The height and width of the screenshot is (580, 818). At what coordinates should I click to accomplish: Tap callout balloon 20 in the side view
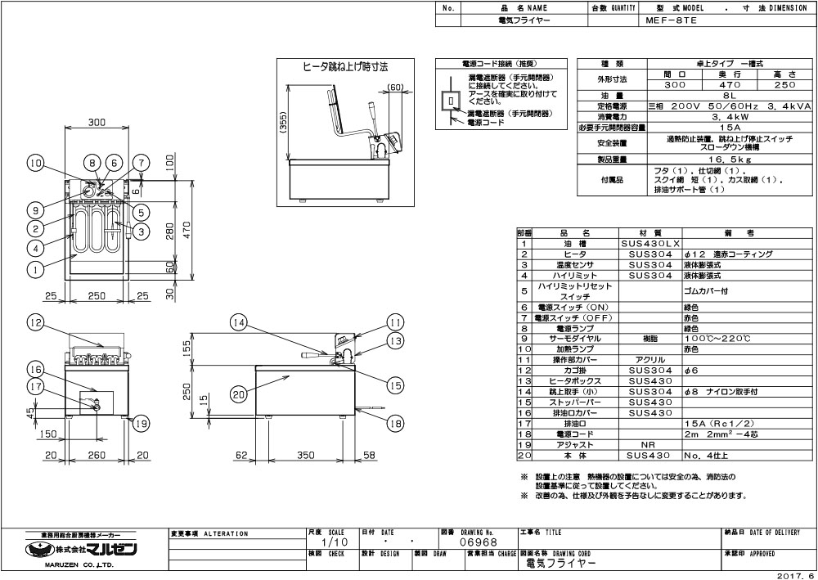tap(238, 394)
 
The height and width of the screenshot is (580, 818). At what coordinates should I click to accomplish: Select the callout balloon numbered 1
tap(34, 268)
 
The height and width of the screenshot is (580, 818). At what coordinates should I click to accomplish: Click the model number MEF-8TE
tap(670, 24)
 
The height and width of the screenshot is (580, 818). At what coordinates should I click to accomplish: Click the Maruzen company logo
tap(82, 549)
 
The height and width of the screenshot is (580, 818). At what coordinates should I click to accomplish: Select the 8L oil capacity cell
tap(711, 96)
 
